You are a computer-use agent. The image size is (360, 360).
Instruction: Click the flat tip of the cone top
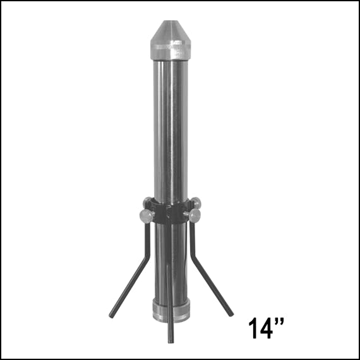(x=170, y=21)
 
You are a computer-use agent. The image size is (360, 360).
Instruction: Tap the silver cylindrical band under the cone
(x=171, y=51)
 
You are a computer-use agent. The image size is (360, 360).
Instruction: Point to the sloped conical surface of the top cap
(x=170, y=32)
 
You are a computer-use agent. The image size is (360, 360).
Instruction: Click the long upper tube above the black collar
(x=171, y=131)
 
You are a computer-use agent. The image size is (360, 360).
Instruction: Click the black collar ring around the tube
(x=171, y=213)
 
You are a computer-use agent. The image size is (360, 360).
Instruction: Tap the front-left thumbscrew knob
(x=147, y=216)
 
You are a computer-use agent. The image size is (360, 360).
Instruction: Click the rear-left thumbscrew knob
(x=147, y=202)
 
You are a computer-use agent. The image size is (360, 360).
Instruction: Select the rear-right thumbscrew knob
(x=196, y=203)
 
